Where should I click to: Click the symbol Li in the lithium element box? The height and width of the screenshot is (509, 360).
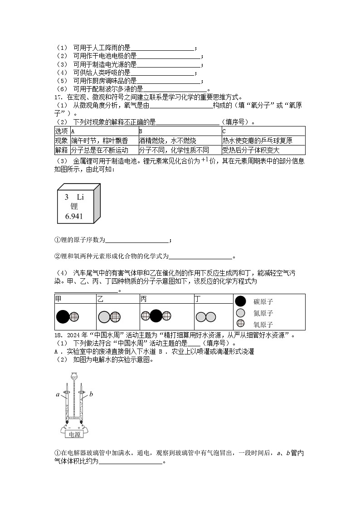(x=80, y=197)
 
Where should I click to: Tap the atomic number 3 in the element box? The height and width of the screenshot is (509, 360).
(x=66, y=197)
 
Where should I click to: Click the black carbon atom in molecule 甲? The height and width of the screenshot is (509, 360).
(x=62, y=317)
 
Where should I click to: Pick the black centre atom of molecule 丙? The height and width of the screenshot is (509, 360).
(x=156, y=316)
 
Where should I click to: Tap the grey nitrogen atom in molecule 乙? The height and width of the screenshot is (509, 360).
(x=104, y=317)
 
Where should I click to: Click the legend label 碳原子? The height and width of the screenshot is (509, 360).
(x=263, y=302)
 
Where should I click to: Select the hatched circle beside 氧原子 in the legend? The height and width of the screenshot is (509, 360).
(x=241, y=324)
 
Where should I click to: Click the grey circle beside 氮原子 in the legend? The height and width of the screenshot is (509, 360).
(x=241, y=313)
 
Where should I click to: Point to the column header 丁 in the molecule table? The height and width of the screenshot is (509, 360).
(x=197, y=299)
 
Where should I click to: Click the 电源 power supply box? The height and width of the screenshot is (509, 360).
(x=73, y=434)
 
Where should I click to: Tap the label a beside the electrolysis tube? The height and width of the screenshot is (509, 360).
(x=58, y=394)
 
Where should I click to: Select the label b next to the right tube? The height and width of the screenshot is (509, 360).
(x=91, y=394)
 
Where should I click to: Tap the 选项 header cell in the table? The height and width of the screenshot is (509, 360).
(x=61, y=131)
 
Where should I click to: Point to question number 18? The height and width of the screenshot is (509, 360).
(x=58, y=335)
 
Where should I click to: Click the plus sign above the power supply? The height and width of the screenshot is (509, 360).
(x=79, y=427)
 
